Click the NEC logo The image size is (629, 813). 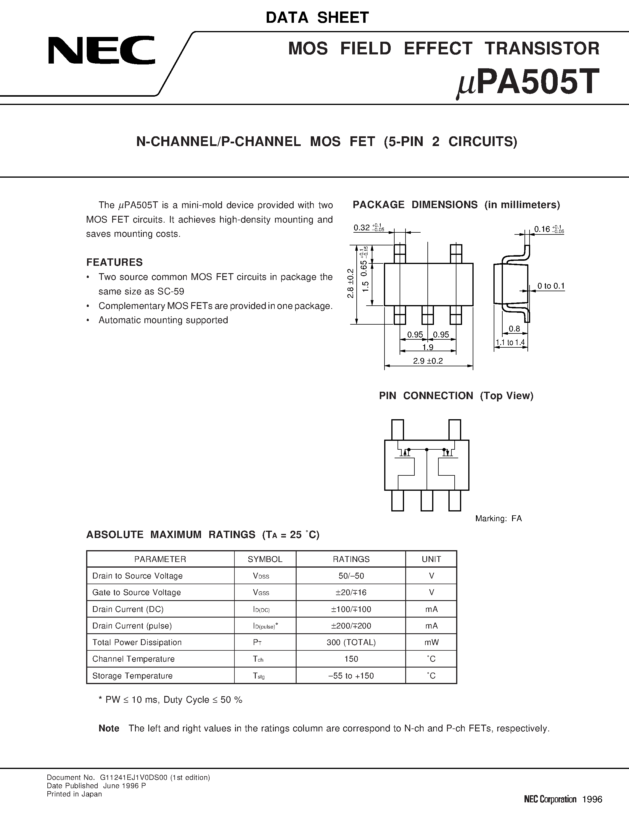click(x=101, y=50)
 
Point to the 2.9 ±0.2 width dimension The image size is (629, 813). click(x=428, y=361)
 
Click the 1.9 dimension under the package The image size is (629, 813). click(x=428, y=347)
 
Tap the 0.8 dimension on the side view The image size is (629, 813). click(x=514, y=328)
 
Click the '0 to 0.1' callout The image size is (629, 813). click(x=551, y=286)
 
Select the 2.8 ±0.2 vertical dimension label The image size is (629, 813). click(x=350, y=283)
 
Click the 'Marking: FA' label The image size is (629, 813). click(x=498, y=519)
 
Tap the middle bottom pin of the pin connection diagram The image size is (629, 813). click(x=427, y=501)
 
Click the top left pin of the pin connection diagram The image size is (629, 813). click(x=398, y=430)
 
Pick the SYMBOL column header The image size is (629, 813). click(x=265, y=559)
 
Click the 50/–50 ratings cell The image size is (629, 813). click(x=351, y=576)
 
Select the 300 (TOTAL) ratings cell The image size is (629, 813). click(x=351, y=642)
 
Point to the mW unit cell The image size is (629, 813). click(x=431, y=642)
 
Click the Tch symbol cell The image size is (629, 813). click(x=258, y=659)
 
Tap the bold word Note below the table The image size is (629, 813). click(x=109, y=728)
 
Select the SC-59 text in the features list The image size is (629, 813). click(x=171, y=291)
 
